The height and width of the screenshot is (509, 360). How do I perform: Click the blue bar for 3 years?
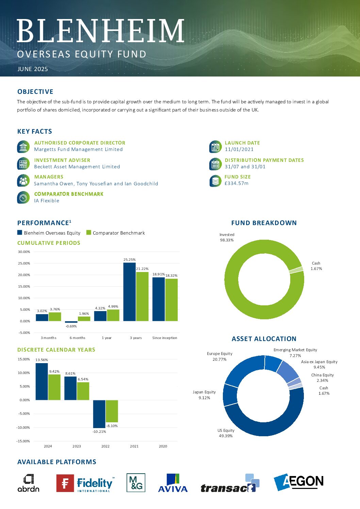tap(129, 292)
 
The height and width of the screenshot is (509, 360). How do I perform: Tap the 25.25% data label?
tap(129, 259)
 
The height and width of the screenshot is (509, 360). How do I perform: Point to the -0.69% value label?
tap(71, 326)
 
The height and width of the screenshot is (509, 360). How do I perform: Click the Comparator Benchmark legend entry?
tap(116, 233)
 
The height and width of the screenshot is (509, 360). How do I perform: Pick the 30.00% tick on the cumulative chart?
tap(24, 252)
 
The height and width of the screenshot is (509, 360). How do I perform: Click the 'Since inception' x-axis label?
tap(165, 338)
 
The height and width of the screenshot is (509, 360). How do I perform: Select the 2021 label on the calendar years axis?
tap(134, 446)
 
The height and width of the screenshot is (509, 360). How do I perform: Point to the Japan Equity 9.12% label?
tap(204, 395)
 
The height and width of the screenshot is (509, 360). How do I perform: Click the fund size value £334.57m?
tap(236, 183)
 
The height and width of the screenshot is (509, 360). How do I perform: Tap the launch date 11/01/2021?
tap(239, 149)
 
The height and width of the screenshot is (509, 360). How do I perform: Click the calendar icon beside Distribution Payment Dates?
tap(215, 164)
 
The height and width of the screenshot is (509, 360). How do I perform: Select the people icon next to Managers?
tap(23, 181)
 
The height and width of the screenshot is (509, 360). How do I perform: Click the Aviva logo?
tap(173, 483)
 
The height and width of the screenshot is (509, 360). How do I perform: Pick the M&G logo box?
tap(136, 482)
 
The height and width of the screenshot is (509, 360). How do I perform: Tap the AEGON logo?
tap(298, 482)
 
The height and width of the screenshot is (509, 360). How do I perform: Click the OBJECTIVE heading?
tap(35, 91)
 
